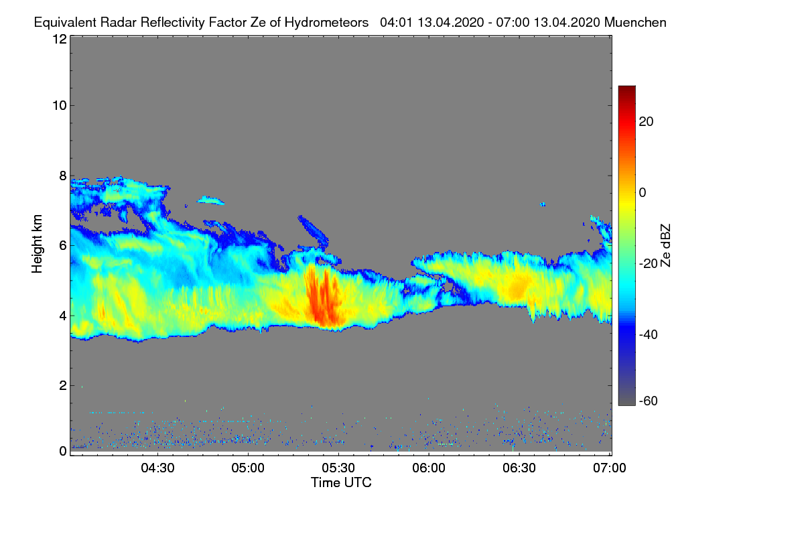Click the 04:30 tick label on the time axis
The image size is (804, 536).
pos(157,468)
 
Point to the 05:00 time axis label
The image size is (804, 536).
pos(248,468)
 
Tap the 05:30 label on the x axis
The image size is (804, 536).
pos(338,468)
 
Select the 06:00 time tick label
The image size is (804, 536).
pos(429,468)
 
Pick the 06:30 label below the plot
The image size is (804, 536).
pos(519,468)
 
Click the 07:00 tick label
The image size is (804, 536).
pos(609,468)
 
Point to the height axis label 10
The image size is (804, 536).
pos(59,105)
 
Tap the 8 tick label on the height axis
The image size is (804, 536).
pos(62,176)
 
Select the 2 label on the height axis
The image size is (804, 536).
pos(62,385)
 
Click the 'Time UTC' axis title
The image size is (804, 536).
pos(341,482)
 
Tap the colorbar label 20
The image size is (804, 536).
pos(647,121)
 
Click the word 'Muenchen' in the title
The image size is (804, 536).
pos(635,22)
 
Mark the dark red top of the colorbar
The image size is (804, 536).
pos(626,90)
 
